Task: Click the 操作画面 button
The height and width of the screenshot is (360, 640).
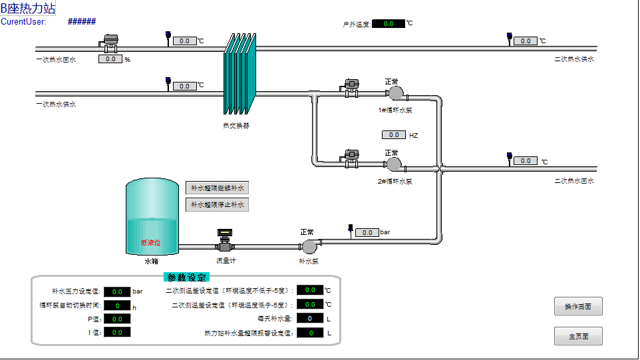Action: coord(578,306)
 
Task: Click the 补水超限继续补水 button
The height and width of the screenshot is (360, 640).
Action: coord(217,188)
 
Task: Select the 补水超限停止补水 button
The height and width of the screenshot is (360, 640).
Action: coord(217,205)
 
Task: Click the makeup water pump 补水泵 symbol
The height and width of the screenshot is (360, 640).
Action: coord(309,246)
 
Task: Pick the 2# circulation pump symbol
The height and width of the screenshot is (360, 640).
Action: coord(394,163)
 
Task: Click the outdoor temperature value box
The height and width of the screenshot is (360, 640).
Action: coord(389,24)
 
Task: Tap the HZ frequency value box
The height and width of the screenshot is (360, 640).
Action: coord(393,135)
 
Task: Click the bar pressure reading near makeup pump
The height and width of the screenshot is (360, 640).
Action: coord(367,233)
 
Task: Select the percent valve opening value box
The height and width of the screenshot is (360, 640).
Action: coord(110,59)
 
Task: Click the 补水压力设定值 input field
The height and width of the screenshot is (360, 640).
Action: coord(117,291)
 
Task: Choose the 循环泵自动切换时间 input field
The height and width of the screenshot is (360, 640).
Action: coord(117,306)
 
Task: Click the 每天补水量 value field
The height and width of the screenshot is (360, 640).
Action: coord(309,319)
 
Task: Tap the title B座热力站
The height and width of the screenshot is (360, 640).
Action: coord(28,8)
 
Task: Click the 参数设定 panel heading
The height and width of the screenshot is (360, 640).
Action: coord(186,277)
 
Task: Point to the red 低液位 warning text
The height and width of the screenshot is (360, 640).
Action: coord(151,243)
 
